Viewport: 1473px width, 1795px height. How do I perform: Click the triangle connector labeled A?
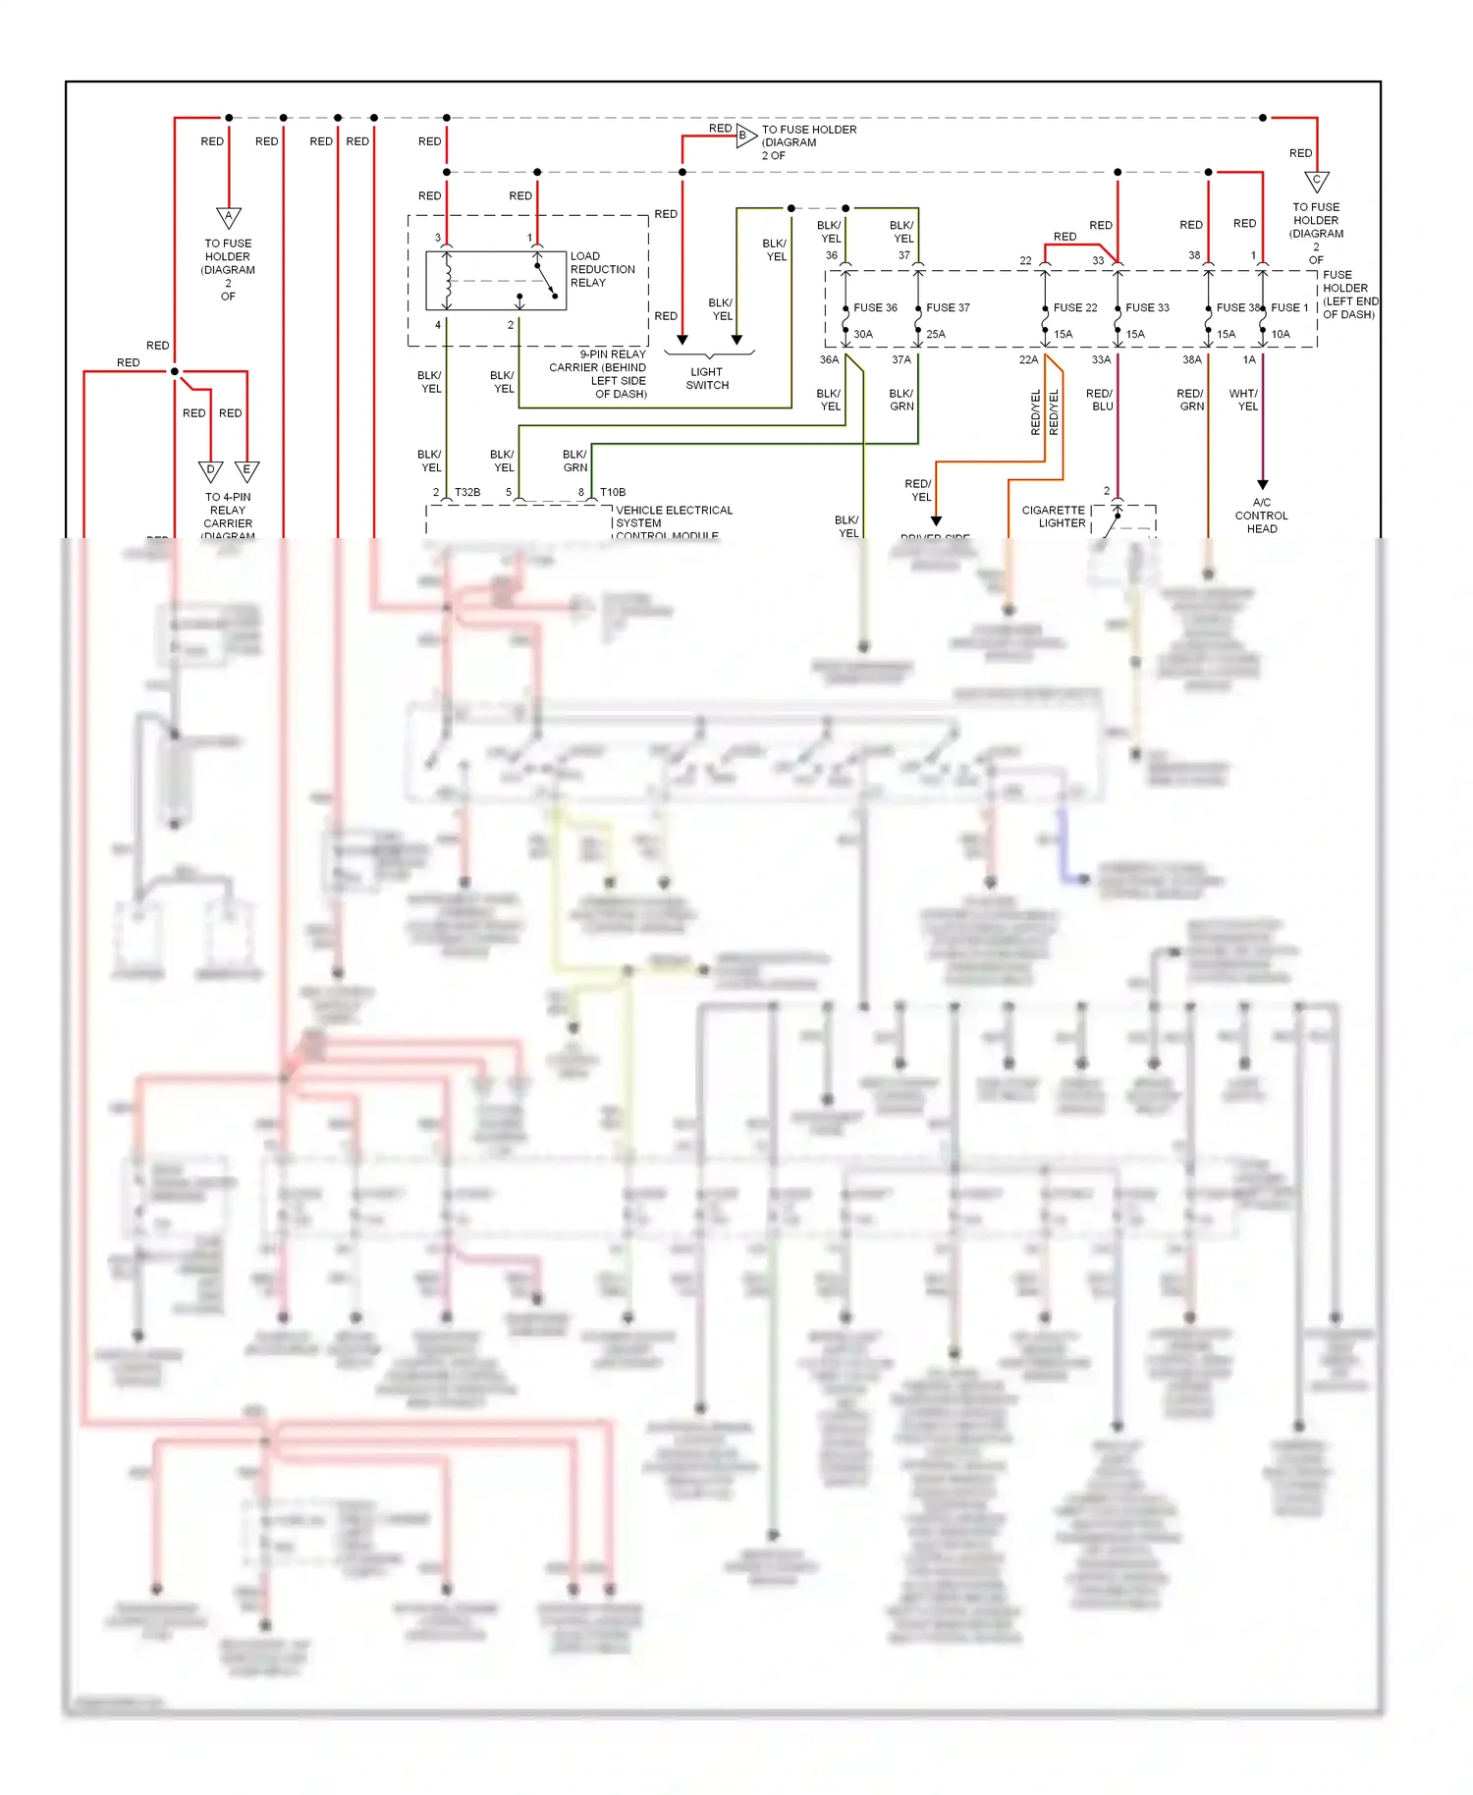click(229, 217)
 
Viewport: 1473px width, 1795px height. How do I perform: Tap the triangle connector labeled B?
click(744, 136)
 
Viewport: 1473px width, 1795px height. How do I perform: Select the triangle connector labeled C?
click(1317, 182)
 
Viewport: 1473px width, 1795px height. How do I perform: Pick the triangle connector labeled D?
click(210, 470)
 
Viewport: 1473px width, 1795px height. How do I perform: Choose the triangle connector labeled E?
click(247, 470)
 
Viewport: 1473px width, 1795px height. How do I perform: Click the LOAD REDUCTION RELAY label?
click(602, 269)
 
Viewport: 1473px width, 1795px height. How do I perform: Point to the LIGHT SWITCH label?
click(707, 378)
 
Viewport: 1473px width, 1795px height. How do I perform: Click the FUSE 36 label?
click(875, 307)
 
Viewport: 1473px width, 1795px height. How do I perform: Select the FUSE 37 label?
click(948, 307)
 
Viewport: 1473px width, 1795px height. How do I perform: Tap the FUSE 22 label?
click(1075, 307)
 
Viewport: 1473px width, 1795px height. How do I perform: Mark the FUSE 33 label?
click(1147, 307)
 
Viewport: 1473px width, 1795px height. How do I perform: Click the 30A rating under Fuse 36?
click(862, 334)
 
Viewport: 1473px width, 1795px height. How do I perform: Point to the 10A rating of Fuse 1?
click(1281, 334)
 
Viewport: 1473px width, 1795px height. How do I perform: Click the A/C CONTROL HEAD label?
click(1262, 516)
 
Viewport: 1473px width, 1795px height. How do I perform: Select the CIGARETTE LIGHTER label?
click(1054, 517)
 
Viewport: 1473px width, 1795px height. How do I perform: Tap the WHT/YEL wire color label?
click(1244, 400)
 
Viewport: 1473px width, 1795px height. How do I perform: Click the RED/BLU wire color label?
click(1100, 400)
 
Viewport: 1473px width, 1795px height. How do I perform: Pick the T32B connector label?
click(467, 492)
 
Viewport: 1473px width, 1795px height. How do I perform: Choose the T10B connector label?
click(613, 492)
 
